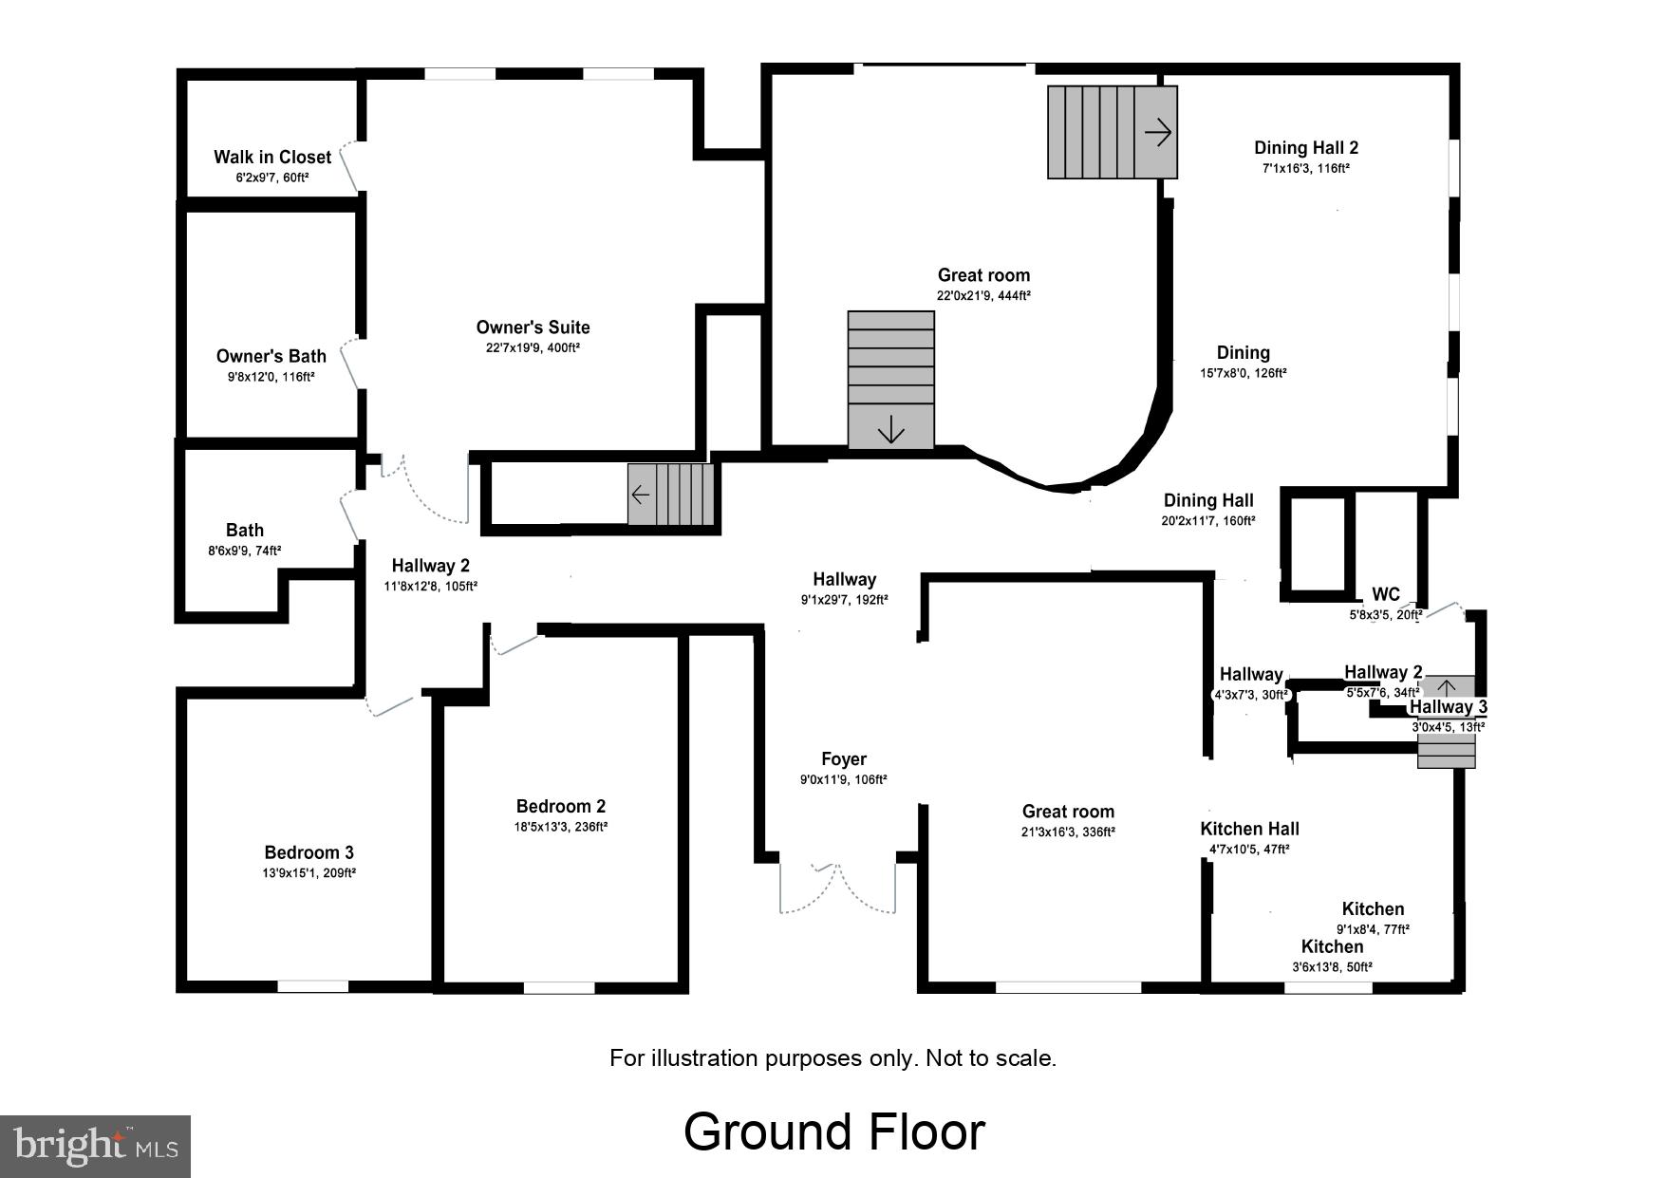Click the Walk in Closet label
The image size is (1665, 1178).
(x=271, y=157)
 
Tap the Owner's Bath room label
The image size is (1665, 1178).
(x=271, y=356)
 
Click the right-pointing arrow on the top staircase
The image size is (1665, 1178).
(x=1157, y=132)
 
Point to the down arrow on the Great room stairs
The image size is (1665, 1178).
(x=890, y=430)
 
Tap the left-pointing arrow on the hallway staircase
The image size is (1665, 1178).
(x=641, y=495)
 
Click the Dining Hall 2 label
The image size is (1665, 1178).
(x=1305, y=147)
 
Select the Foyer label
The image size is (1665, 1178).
(x=843, y=758)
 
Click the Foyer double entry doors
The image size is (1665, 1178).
(x=837, y=888)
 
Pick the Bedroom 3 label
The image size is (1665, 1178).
(x=309, y=852)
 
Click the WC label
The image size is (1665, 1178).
(x=1385, y=594)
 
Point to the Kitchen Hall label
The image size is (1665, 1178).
(x=1249, y=829)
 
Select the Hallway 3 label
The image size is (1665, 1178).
(x=1448, y=707)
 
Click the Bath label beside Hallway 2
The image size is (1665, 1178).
(x=244, y=530)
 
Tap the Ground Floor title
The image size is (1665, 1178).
(x=833, y=1131)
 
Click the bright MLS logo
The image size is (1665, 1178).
(x=96, y=1146)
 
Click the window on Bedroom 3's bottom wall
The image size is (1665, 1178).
(x=312, y=987)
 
